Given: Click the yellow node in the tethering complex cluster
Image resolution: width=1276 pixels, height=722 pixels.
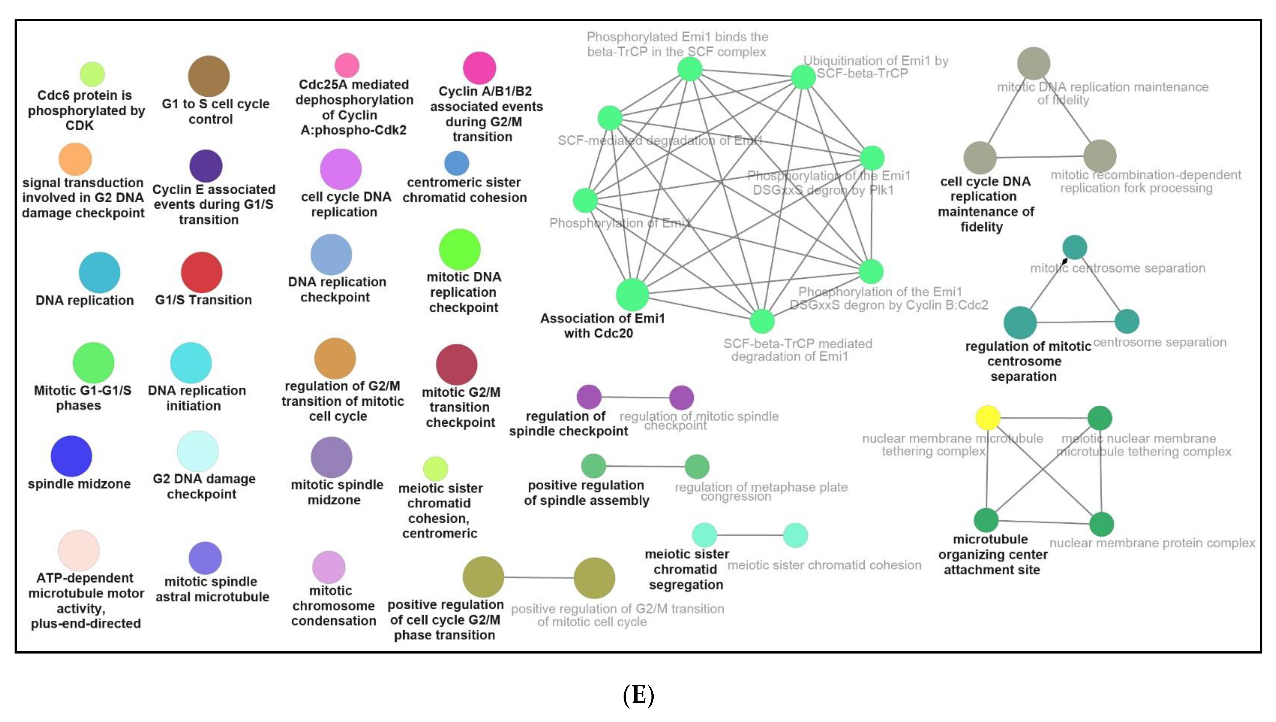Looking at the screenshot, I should tap(987, 417).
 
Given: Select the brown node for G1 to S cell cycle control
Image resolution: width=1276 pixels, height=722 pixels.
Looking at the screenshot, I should tap(209, 76).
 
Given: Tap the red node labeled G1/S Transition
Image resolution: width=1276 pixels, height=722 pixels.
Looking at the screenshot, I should tap(201, 272).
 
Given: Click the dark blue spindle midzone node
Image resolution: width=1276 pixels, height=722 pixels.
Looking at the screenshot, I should tap(71, 456).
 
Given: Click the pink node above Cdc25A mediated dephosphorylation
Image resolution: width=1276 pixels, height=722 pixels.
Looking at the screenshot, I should tap(347, 65).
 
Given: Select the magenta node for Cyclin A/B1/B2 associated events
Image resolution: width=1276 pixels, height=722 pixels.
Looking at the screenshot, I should tap(479, 68).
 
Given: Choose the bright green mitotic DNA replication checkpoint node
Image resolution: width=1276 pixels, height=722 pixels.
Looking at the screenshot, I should tap(460, 249).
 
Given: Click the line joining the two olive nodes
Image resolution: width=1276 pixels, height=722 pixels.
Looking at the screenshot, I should tap(539, 578).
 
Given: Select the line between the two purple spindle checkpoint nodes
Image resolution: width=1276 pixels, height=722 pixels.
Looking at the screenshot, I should tap(635, 397).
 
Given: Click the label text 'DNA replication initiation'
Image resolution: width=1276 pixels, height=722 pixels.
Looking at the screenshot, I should tap(196, 398).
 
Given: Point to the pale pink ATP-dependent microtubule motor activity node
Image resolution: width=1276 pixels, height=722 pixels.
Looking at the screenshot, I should tap(79, 550).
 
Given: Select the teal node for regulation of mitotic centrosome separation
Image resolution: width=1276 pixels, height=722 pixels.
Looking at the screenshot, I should tap(1020, 322).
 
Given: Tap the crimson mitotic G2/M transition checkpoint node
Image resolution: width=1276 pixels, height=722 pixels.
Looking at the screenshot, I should tap(456, 364).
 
